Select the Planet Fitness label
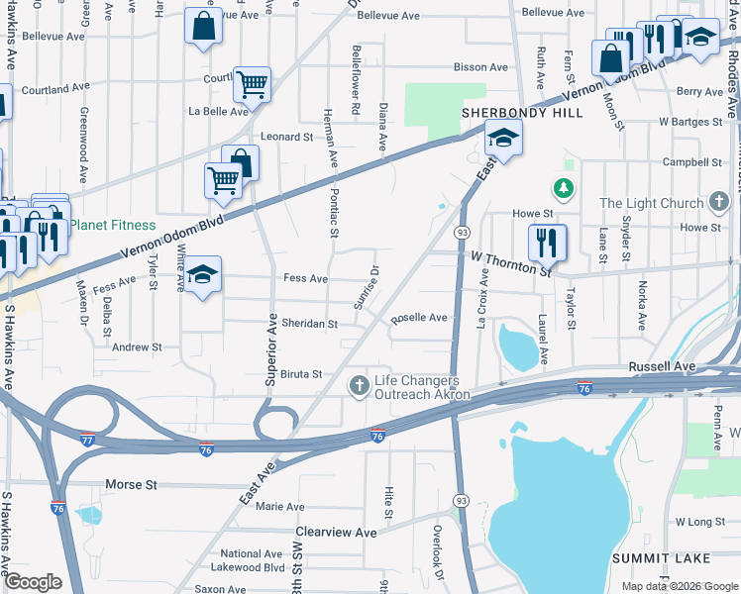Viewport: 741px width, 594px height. [111, 225]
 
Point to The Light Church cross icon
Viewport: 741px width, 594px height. [720, 203]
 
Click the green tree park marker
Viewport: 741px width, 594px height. [564, 187]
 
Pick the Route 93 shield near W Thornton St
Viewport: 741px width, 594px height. [462, 231]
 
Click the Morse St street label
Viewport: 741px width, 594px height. [131, 486]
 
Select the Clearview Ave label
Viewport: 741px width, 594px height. [337, 532]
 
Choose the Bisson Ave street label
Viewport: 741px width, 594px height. [480, 67]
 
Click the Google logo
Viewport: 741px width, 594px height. [34, 583]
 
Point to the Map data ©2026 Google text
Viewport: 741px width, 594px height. [679, 586]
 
